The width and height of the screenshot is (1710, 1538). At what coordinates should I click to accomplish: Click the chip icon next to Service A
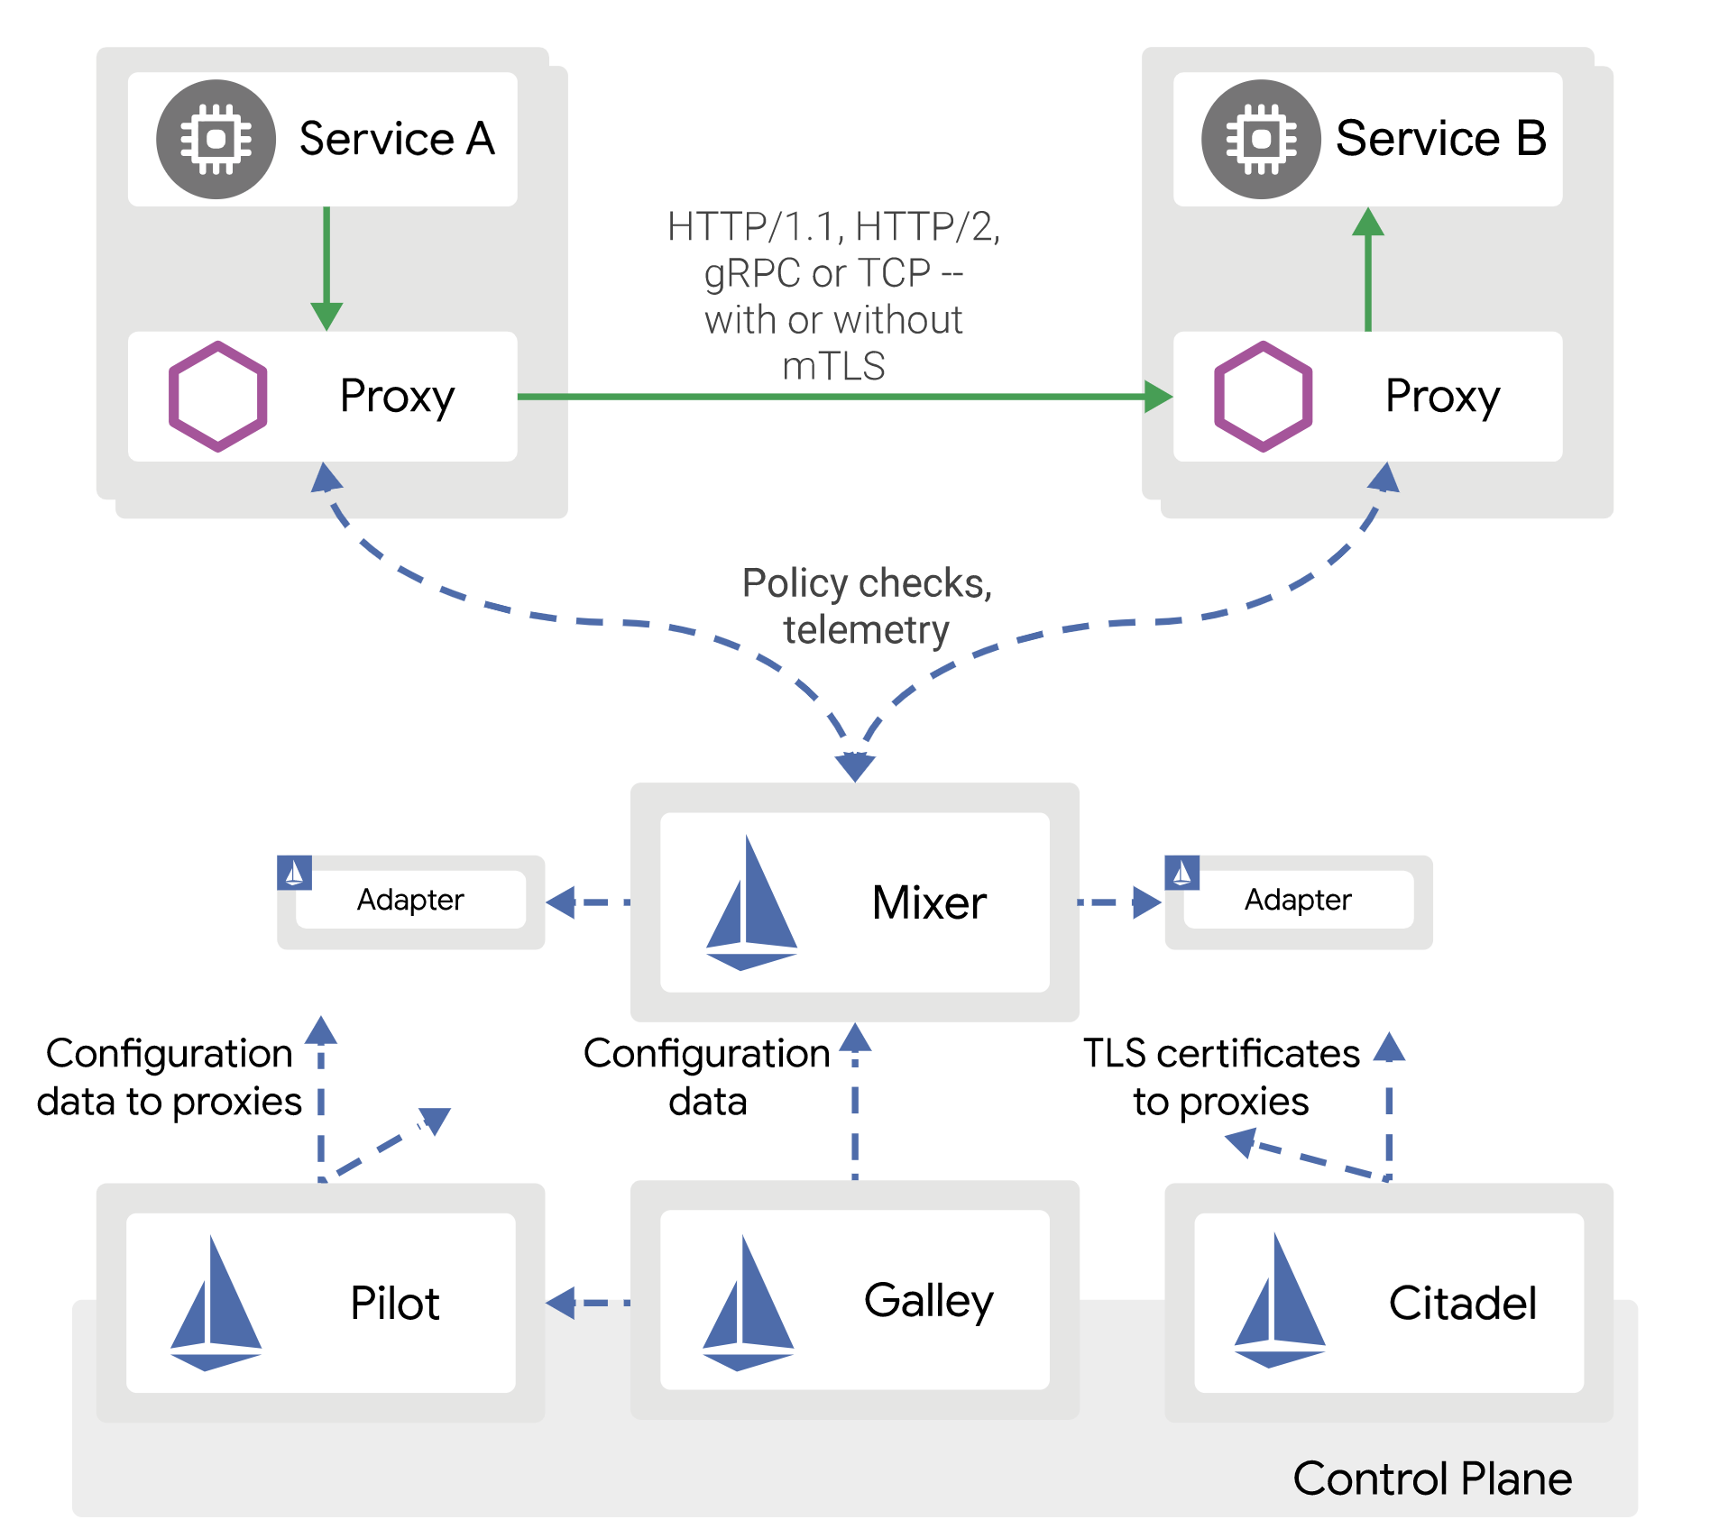pyautogui.click(x=216, y=140)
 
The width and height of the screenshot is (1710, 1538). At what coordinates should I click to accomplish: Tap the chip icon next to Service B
pyautogui.click(x=1261, y=140)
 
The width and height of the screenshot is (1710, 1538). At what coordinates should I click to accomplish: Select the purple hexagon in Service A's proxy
pyautogui.click(x=218, y=397)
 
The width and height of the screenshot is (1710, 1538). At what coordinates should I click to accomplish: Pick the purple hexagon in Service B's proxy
pyautogui.click(x=1263, y=397)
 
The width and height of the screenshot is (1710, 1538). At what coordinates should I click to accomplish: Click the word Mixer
pyautogui.click(x=929, y=902)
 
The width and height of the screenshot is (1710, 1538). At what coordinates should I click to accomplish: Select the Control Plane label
pyautogui.click(x=1432, y=1478)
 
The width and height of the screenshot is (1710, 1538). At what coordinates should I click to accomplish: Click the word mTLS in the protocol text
pyautogui.click(x=833, y=366)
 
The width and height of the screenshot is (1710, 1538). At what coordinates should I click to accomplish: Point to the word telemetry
pyautogui.click(x=866, y=629)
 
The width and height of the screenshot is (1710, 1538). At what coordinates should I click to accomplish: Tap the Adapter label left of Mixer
pyautogui.click(x=410, y=900)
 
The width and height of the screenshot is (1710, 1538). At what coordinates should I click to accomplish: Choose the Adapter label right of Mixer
pyautogui.click(x=1298, y=900)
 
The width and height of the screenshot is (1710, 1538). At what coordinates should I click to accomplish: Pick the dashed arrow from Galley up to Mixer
pyautogui.click(x=855, y=1104)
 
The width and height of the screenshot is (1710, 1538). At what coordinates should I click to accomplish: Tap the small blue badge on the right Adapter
pyautogui.click(x=1181, y=873)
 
